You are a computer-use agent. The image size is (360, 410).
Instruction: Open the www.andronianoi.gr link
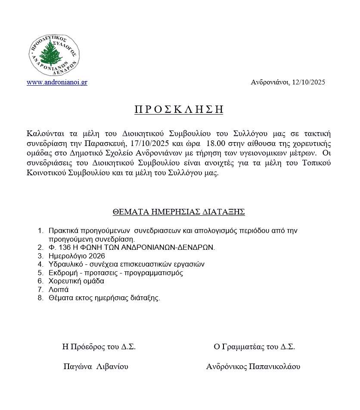coord(57,82)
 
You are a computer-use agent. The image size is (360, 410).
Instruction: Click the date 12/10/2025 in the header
coord(308,82)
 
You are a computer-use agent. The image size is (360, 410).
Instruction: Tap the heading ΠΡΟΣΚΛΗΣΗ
coord(179,109)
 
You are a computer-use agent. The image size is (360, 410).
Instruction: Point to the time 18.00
coord(215,143)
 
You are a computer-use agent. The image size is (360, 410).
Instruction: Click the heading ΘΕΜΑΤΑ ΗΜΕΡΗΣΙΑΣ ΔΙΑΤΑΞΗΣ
coord(179,212)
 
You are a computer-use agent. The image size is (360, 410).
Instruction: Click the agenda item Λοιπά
coord(59,289)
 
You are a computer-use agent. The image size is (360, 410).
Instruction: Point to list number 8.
coord(40,298)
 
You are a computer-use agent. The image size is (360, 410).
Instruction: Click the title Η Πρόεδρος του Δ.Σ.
coord(99,347)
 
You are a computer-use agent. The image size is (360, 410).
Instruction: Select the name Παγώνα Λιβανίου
coord(96,367)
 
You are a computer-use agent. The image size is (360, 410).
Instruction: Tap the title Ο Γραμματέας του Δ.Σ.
coord(254,347)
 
